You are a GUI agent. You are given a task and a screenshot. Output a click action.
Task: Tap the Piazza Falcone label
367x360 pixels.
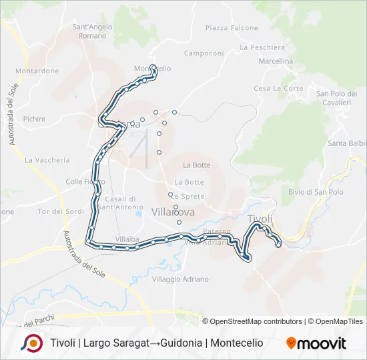click(232, 28)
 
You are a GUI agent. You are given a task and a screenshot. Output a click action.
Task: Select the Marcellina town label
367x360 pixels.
click(276, 61)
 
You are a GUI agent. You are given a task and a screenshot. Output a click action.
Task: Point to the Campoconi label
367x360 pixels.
click(204, 53)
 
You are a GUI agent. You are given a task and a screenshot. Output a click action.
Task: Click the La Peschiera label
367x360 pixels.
click(262, 47)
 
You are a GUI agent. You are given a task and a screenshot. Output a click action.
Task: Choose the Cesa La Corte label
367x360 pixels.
click(278, 88)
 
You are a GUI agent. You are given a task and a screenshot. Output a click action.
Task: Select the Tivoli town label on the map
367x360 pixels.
click(260, 219)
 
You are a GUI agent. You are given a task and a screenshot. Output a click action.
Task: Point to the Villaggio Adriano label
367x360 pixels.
click(180, 279)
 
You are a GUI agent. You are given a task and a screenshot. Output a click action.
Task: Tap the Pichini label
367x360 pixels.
click(33, 119)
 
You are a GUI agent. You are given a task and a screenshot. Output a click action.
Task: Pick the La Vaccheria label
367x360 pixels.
click(47, 160)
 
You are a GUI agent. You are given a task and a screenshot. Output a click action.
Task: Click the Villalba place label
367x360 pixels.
click(126, 238)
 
